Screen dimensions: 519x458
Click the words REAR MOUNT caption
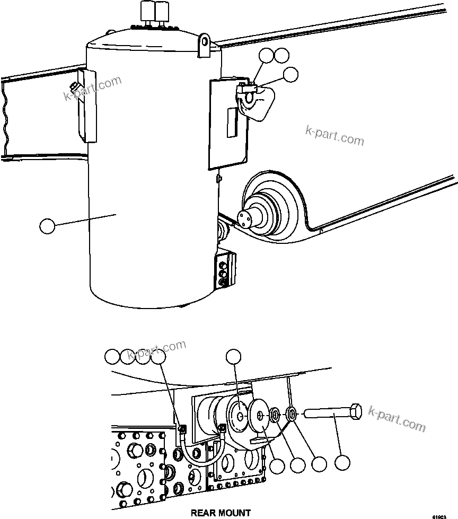pos(221,513)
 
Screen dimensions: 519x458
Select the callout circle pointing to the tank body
pos(48,226)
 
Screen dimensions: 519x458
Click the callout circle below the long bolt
pos(342,463)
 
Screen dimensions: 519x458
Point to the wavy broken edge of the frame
pos(6,117)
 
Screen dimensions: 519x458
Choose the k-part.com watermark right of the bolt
pos(398,418)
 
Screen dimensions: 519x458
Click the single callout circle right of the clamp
pos(290,75)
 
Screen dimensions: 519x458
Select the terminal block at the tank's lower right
pos(224,270)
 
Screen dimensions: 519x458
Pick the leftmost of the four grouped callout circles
pos(112,357)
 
